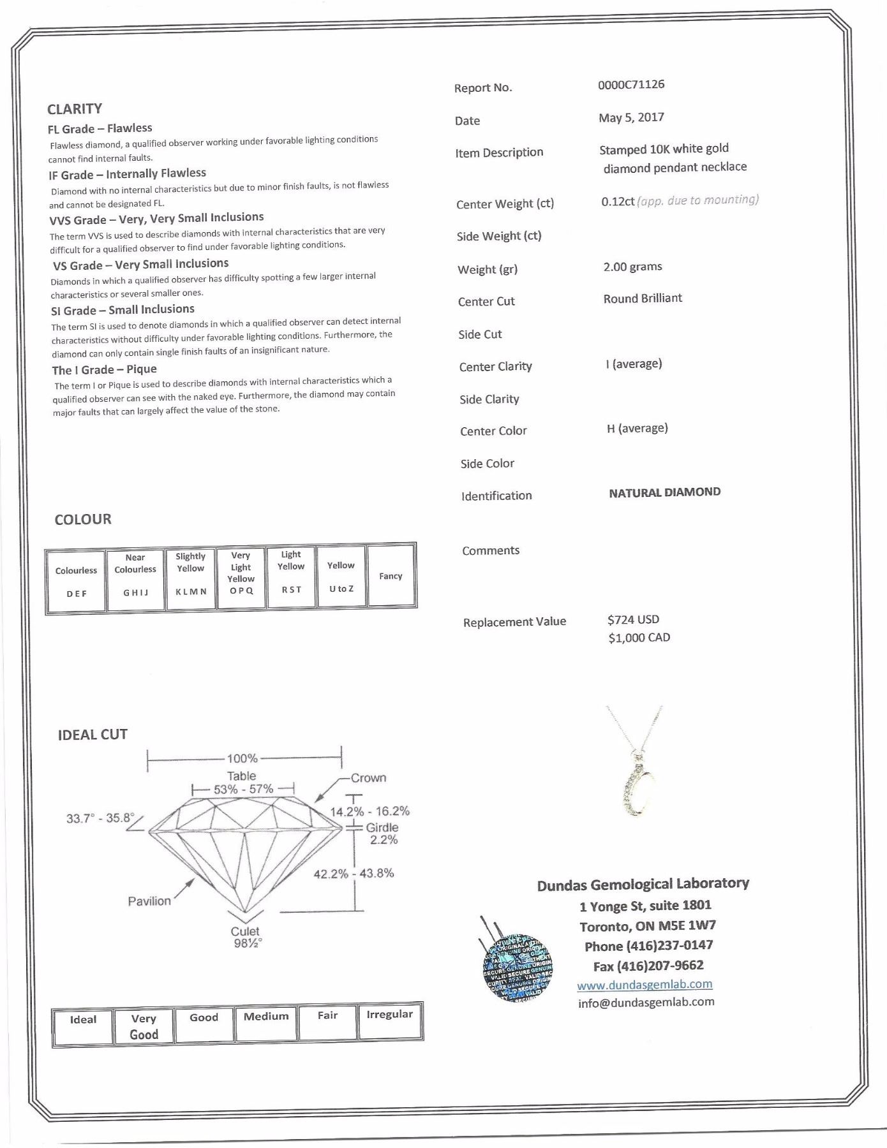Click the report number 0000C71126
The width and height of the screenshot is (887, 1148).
coord(630,84)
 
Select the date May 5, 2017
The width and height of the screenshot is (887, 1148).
coord(630,117)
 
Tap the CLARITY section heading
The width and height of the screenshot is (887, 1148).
coord(74,108)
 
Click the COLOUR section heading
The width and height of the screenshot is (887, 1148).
coord(83,519)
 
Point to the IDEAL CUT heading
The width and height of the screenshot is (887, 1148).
coord(93,735)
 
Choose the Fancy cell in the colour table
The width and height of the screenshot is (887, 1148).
coord(391,576)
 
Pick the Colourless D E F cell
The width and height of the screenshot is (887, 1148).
coord(76,581)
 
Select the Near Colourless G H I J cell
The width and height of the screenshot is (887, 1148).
coord(135,580)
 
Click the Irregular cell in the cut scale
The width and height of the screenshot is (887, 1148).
coord(389,1021)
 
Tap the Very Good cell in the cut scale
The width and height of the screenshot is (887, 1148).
coord(144,1027)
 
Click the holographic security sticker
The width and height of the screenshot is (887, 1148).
coord(517,966)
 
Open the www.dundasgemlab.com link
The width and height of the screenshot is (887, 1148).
coord(645,984)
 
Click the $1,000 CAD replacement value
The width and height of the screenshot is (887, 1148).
coord(639,638)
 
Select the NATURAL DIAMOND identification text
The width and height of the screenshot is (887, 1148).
coord(664,492)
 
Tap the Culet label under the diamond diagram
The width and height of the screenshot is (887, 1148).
coord(245,931)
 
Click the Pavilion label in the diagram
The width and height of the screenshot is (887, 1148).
coord(149,901)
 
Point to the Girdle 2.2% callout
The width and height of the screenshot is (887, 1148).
coord(382,833)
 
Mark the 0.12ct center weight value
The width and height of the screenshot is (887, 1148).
coord(617,202)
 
